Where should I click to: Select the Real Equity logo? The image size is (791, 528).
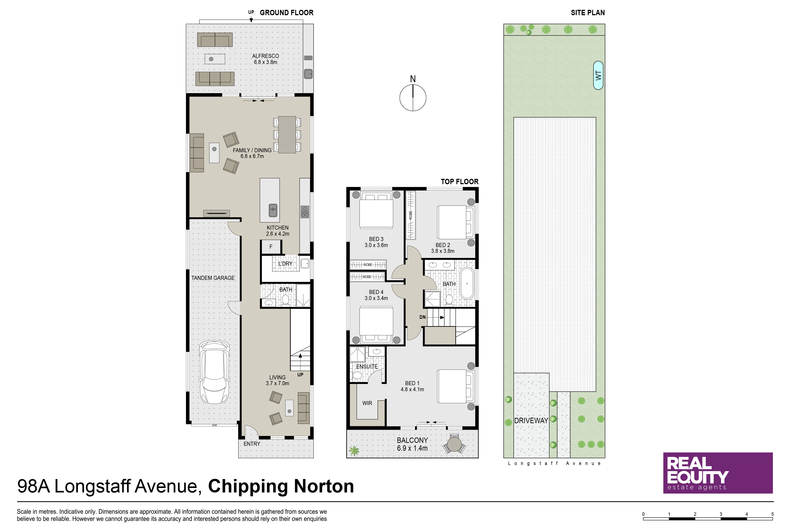pyautogui.click(x=718, y=473)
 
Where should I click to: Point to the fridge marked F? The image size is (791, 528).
pyautogui.click(x=271, y=247)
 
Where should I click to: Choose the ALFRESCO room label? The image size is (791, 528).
pyautogui.click(x=265, y=56)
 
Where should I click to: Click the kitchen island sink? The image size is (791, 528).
pyautogui.click(x=273, y=210)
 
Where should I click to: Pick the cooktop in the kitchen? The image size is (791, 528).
pyautogui.click(x=305, y=212)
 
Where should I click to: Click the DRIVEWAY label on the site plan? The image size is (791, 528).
pyautogui.click(x=531, y=420)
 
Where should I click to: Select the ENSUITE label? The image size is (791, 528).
pyautogui.click(x=367, y=366)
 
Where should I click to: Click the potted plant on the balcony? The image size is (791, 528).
pyautogui.click(x=354, y=451)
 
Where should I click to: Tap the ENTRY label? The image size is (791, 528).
pyautogui.click(x=252, y=444)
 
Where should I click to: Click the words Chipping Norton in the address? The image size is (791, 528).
pyautogui.click(x=281, y=486)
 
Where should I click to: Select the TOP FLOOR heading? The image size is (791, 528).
pyautogui.click(x=459, y=182)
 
